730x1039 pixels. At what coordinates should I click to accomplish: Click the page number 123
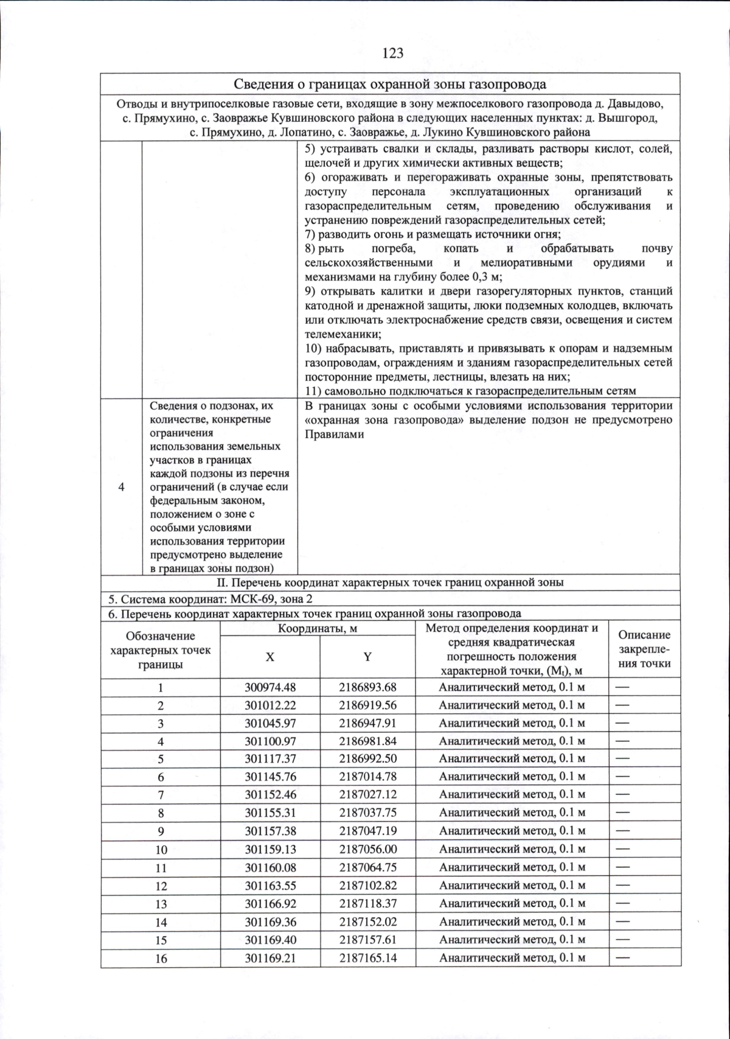point(392,54)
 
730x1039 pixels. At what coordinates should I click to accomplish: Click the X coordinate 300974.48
point(270,688)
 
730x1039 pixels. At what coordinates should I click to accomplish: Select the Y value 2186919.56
point(367,705)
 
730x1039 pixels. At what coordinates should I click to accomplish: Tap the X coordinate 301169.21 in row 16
point(270,958)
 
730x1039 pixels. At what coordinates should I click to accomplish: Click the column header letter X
point(269,657)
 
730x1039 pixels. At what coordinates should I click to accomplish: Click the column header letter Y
point(367,657)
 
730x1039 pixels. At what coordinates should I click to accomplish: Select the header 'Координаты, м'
point(317,629)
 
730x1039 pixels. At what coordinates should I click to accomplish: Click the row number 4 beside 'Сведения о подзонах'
point(122,488)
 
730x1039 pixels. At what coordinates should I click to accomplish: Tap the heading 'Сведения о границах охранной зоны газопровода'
point(390,84)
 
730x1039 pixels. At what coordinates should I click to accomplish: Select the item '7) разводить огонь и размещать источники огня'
point(432,234)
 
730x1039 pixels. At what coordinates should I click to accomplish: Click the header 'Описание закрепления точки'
point(644,649)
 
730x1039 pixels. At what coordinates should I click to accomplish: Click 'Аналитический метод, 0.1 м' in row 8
point(512,813)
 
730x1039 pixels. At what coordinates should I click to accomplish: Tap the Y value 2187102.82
point(367,886)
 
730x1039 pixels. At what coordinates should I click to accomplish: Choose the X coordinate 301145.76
point(270,777)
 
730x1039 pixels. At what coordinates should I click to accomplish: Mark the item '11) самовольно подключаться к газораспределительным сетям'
point(470,391)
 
